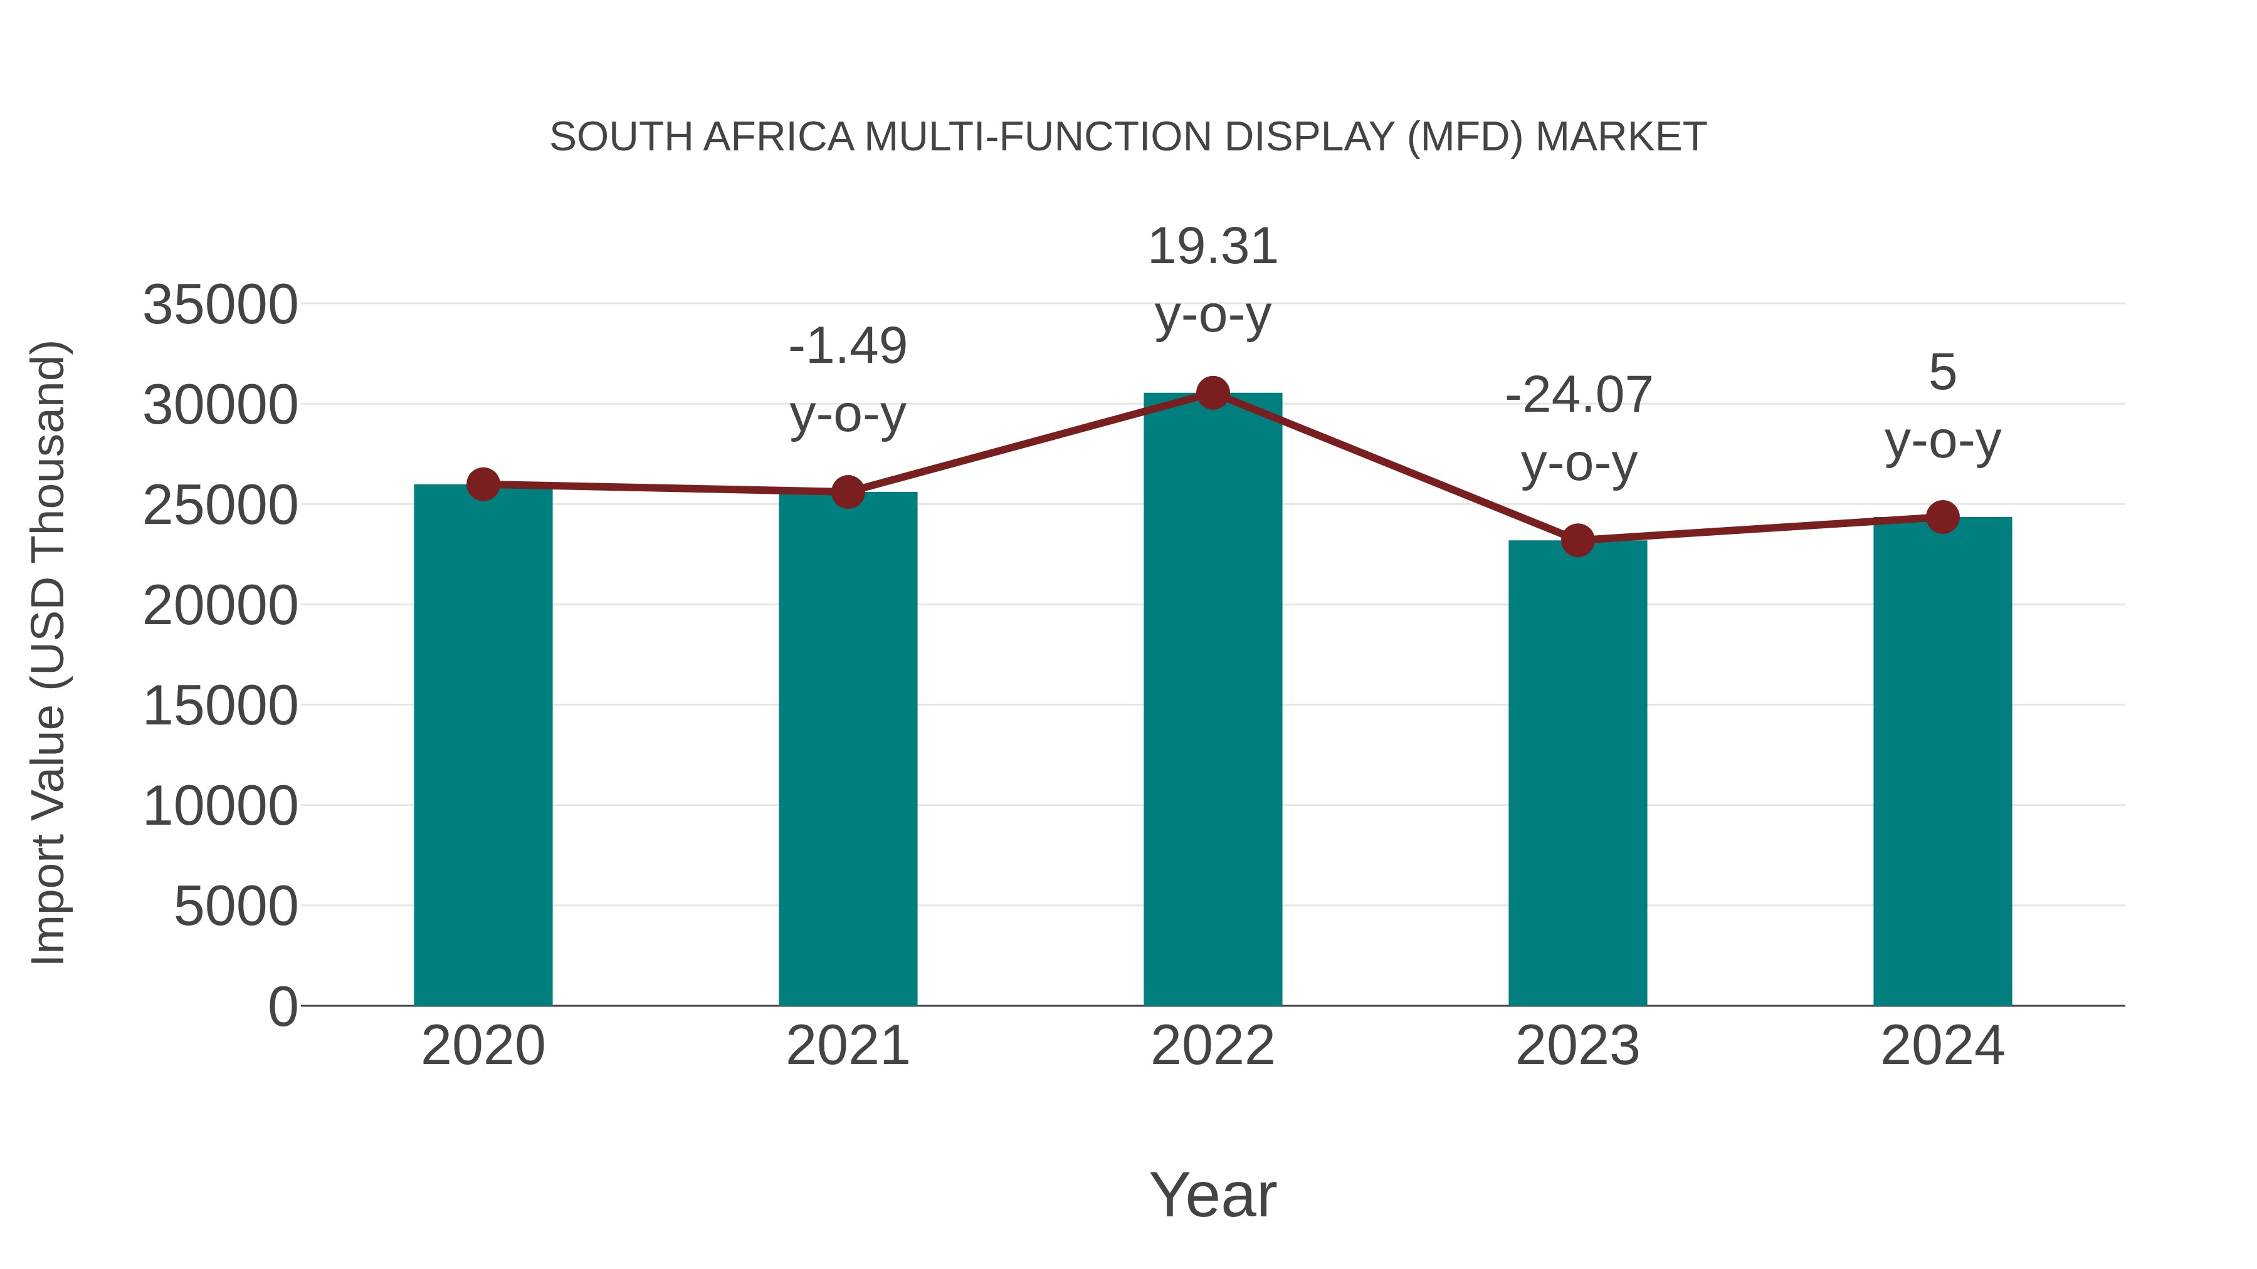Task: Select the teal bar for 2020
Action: pos(483,744)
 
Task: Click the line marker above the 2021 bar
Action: pos(847,492)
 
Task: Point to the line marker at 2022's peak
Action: pos(1213,393)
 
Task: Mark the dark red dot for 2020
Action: pos(483,484)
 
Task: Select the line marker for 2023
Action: pos(1577,540)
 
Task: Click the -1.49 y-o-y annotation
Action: pos(847,346)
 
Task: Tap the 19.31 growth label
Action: pos(1213,246)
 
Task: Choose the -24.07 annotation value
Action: pos(1578,395)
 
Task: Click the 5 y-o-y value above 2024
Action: pos(1942,372)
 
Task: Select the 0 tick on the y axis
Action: pos(282,1006)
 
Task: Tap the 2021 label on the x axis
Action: pos(847,1046)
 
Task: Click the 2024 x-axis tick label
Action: pos(1942,1046)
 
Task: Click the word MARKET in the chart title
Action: pos(1620,137)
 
